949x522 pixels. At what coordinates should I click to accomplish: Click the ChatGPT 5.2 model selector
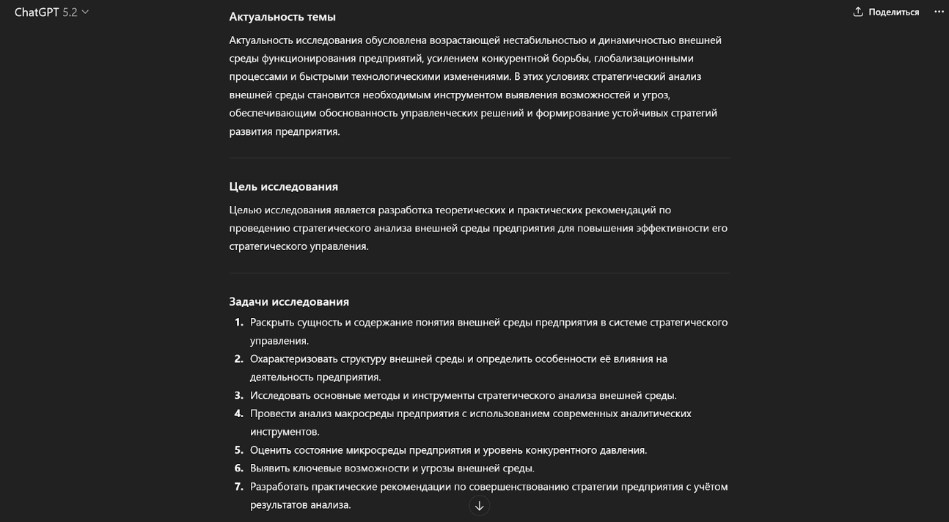51,12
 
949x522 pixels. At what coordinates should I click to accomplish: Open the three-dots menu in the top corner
939,12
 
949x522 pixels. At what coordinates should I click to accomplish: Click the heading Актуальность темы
282,17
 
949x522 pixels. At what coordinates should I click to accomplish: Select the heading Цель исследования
283,186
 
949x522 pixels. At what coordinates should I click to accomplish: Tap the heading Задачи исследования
289,301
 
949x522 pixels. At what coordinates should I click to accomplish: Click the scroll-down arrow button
479,506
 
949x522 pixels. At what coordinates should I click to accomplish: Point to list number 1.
238,323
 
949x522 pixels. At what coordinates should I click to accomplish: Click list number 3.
238,395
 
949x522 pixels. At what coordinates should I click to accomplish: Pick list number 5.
238,450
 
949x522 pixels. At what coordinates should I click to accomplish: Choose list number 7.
238,487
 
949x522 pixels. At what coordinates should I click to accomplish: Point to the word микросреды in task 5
378,450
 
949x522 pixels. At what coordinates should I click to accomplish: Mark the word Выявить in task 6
269,468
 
